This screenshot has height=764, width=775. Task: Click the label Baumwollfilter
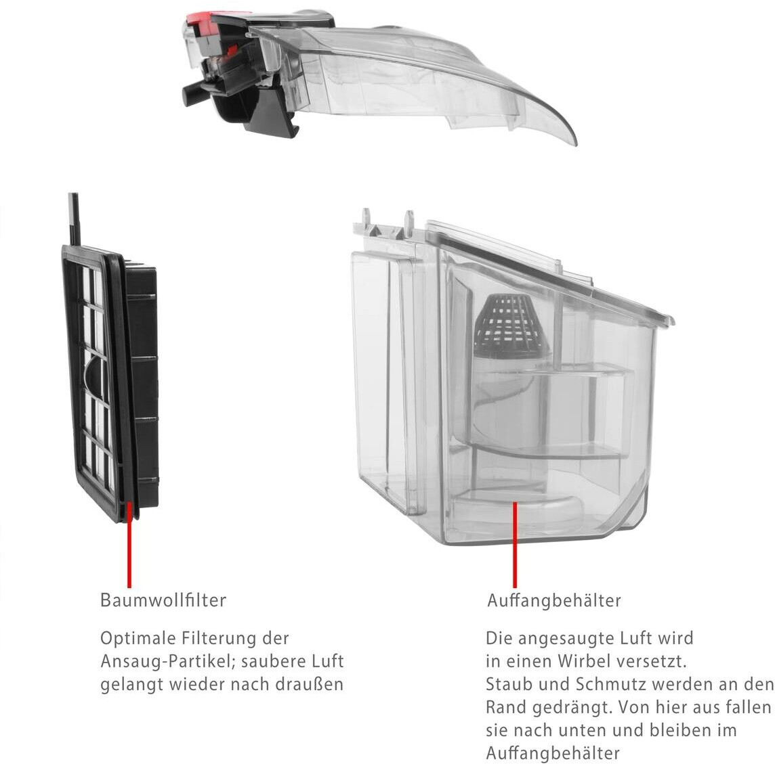click(x=163, y=600)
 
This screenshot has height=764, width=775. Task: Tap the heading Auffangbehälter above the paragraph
click(x=553, y=600)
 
